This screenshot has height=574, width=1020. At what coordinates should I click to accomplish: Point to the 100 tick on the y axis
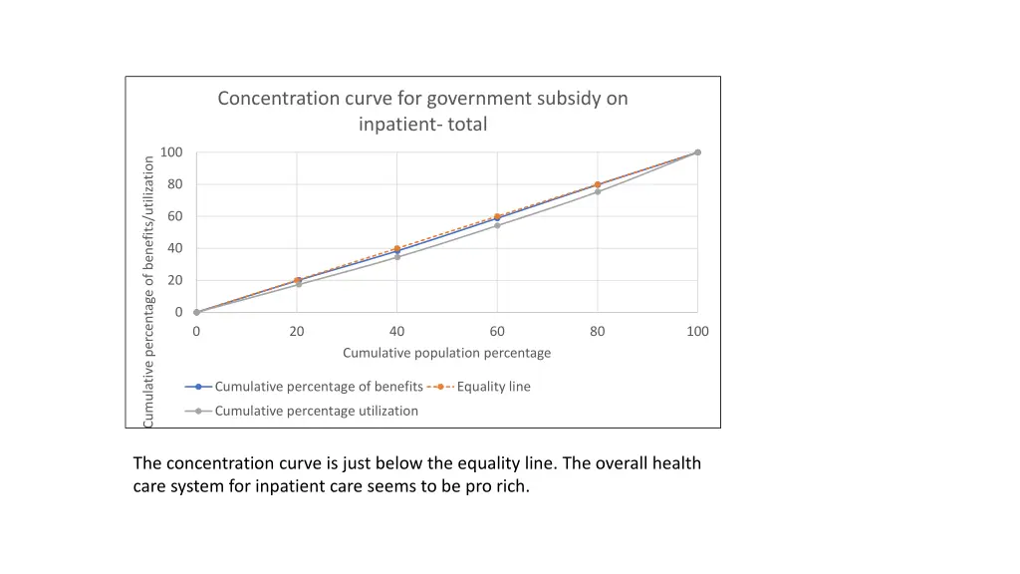point(171,152)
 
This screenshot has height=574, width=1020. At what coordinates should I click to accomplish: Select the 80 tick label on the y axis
point(174,184)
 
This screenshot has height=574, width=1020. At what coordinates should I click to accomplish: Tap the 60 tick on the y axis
point(174,216)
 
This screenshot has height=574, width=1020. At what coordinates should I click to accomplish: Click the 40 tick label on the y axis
point(174,248)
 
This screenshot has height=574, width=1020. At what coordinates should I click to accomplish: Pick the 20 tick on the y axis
point(174,280)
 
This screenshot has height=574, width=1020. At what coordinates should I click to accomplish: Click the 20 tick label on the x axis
point(297,331)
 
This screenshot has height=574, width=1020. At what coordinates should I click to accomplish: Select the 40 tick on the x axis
point(397,331)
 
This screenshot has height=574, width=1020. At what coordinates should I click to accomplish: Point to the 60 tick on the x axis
point(497,331)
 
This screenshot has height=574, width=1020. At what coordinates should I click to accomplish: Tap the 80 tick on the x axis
point(598,331)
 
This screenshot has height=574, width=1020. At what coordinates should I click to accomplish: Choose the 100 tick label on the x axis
point(697,331)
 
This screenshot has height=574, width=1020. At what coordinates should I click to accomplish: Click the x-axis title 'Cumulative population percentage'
point(446,353)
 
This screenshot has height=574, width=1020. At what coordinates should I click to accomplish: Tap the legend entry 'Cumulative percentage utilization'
point(316,411)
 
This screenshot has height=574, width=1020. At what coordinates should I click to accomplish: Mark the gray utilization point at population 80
point(598,191)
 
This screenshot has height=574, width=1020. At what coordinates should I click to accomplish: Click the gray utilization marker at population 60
point(497,225)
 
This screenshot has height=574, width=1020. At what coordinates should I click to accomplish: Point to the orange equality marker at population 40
point(397,249)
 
